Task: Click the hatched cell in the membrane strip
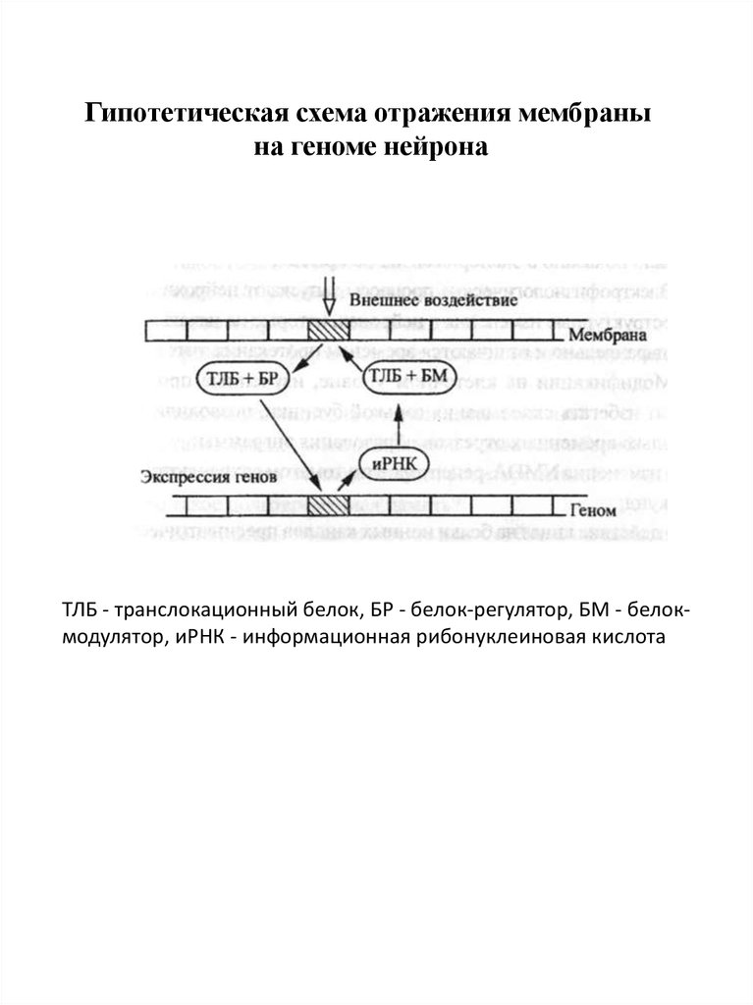point(326,330)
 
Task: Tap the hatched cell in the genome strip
point(326,506)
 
